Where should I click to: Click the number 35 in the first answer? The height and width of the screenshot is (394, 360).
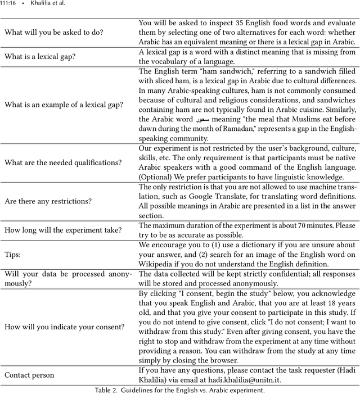pyautogui.click(x=245, y=24)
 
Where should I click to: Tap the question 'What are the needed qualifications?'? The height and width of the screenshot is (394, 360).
pyautogui.click(x=62, y=162)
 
